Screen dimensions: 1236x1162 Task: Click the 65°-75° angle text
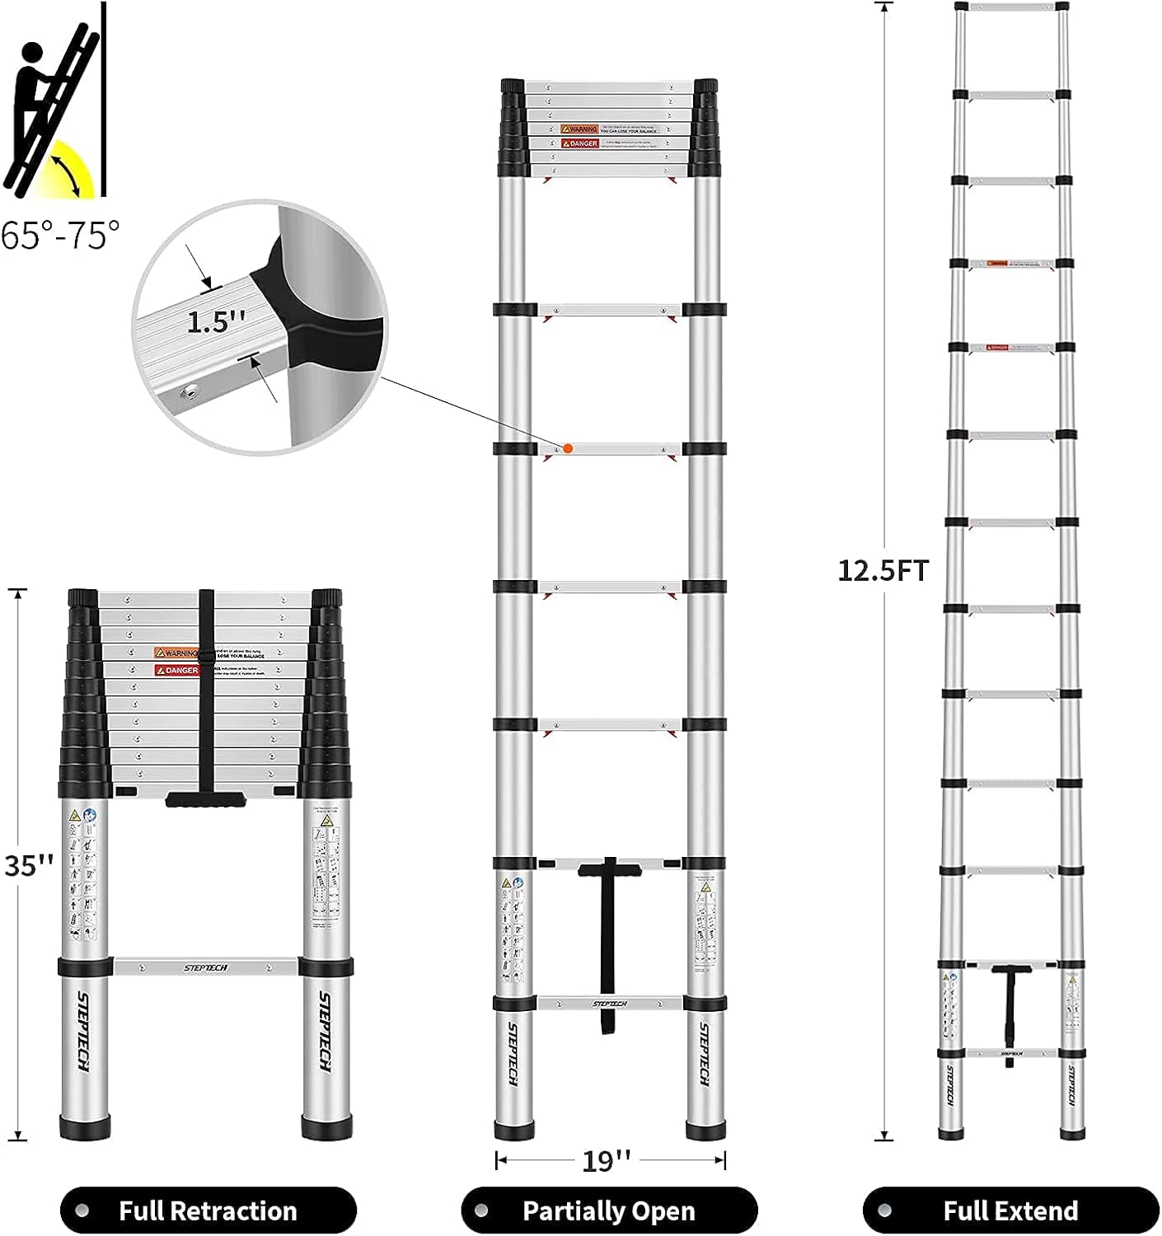click(x=59, y=236)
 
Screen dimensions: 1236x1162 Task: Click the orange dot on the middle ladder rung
click(x=568, y=448)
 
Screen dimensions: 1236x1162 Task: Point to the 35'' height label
click(x=29, y=865)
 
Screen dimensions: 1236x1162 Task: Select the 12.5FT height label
click(x=883, y=570)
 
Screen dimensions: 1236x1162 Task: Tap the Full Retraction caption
click(x=208, y=1210)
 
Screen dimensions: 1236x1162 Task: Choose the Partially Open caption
click(x=609, y=1210)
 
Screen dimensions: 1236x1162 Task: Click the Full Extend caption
click(x=1010, y=1210)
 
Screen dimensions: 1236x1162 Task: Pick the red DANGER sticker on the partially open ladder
click(x=579, y=143)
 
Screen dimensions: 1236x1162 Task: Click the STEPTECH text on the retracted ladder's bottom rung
click(x=206, y=967)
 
